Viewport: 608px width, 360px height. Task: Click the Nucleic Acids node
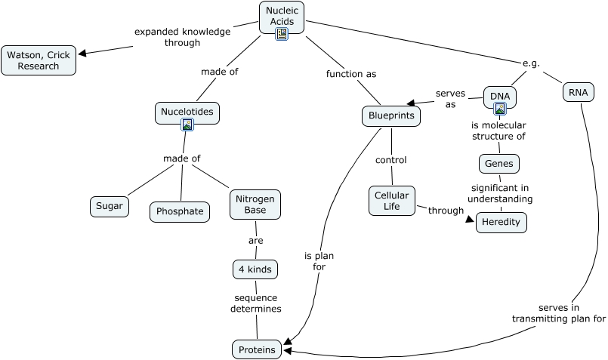(x=282, y=16)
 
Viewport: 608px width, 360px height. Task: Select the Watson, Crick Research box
(x=39, y=60)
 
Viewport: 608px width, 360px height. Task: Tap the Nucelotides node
(x=187, y=112)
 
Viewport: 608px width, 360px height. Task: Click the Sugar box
(x=110, y=206)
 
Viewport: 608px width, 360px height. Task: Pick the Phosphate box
(x=180, y=211)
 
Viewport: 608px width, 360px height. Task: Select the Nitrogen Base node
(x=255, y=204)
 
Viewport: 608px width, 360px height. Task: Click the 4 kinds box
(x=255, y=269)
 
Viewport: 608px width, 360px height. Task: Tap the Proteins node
(x=258, y=349)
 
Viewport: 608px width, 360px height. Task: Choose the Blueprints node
(x=390, y=116)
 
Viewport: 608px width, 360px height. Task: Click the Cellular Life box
(x=392, y=201)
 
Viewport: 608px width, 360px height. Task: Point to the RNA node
(x=579, y=92)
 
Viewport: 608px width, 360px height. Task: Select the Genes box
(x=499, y=163)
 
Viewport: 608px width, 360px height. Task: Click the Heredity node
(x=501, y=223)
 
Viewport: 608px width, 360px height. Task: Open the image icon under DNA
(x=499, y=109)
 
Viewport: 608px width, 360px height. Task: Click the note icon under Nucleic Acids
(x=282, y=35)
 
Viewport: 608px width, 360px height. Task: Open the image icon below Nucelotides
(x=187, y=125)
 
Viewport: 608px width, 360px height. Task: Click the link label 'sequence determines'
(x=257, y=303)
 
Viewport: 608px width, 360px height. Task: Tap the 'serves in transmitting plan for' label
(x=559, y=313)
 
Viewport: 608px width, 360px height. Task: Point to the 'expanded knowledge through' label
(x=182, y=37)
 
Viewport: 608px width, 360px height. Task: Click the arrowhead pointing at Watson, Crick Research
(x=83, y=53)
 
